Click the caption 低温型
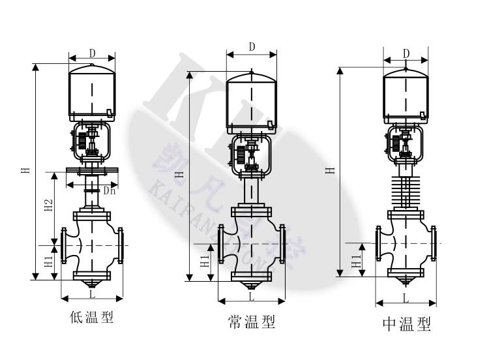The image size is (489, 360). [92, 318]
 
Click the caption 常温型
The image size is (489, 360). [251, 322]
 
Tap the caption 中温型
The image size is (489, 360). [406, 324]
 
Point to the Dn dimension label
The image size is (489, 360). [110, 190]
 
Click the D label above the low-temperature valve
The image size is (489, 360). [93, 52]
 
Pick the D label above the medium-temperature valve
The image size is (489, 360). [406, 52]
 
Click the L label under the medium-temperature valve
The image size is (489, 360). [406, 299]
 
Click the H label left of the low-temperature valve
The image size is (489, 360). [25, 171]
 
